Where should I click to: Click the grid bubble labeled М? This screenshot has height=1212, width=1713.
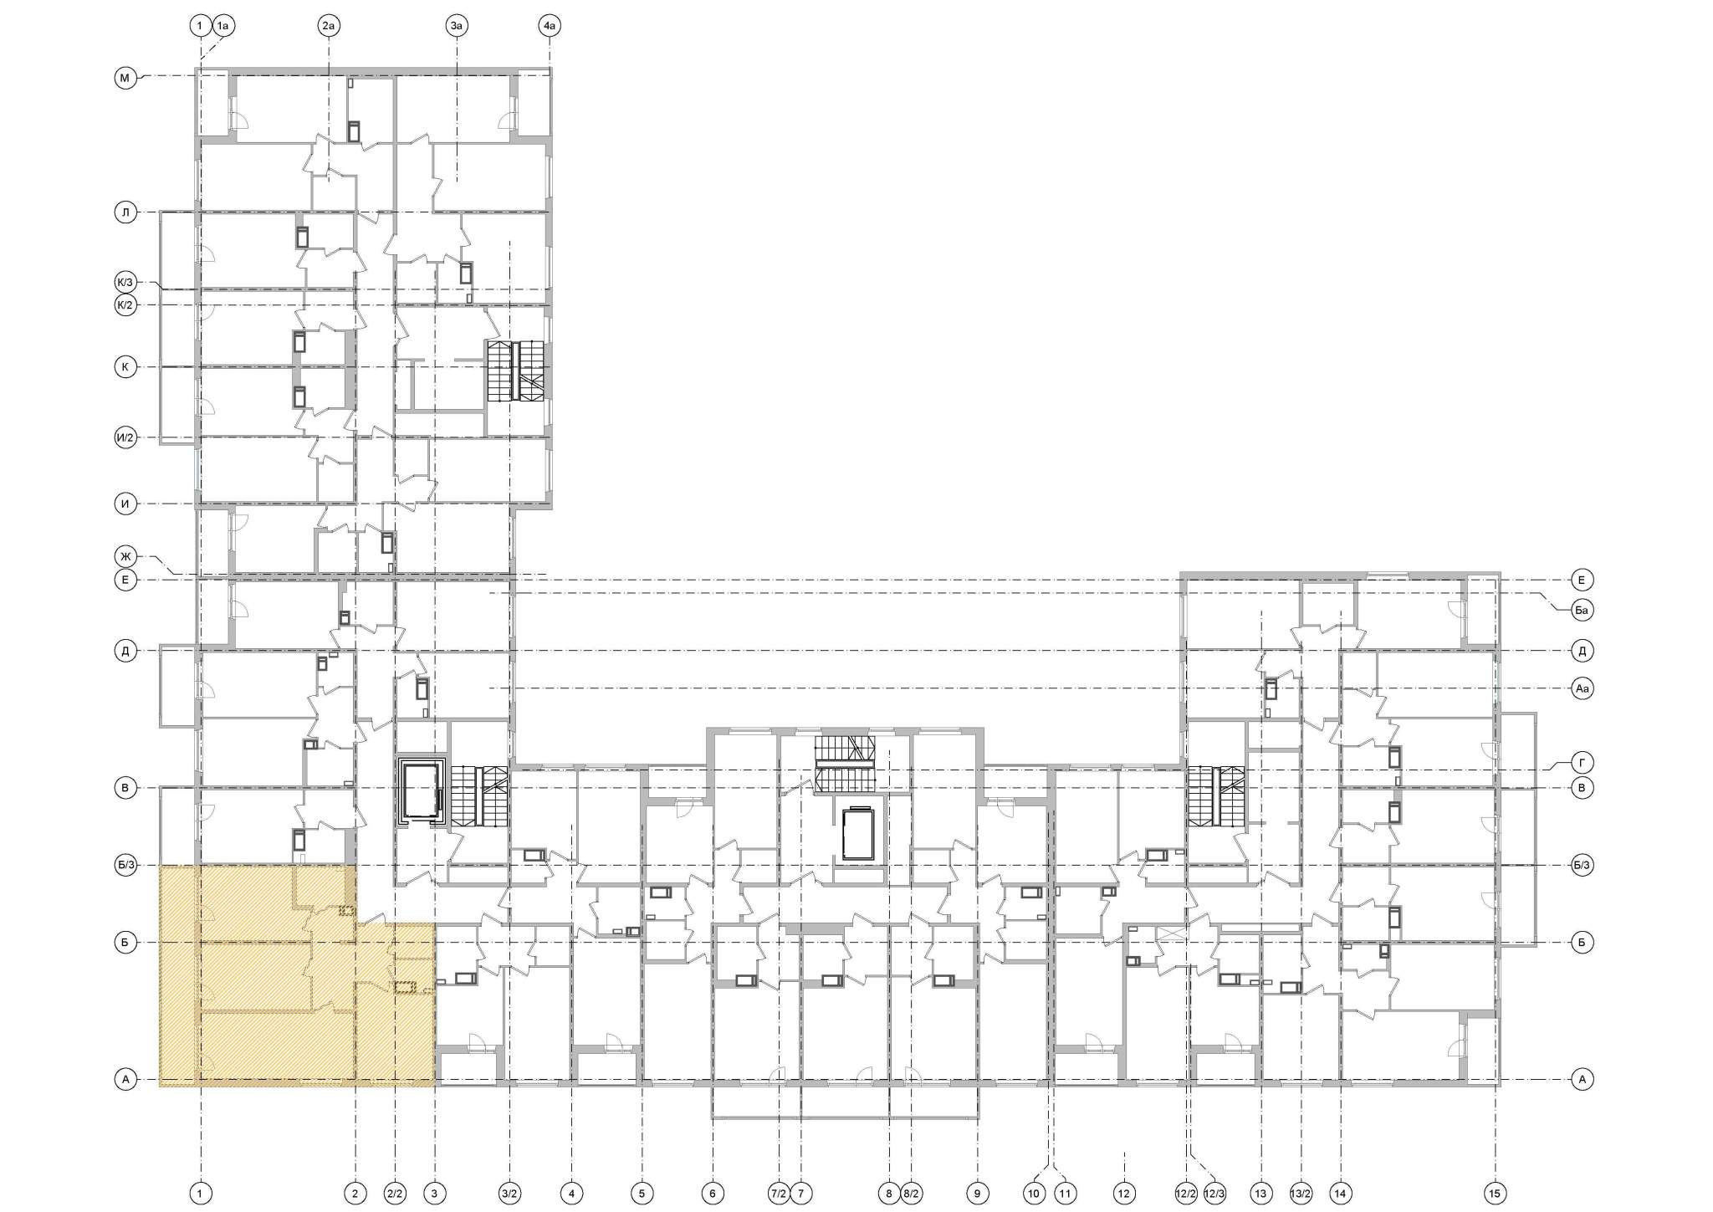tap(125, 79)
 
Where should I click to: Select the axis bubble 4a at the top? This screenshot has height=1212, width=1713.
tap(549, 27)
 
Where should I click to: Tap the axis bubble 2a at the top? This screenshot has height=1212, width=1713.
tap(329, 27)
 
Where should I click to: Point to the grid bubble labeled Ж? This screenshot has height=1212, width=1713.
tap(125, 555)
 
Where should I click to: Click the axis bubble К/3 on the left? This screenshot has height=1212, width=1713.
tap(125, 282)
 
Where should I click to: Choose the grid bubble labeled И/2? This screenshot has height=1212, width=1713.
tap(125, 437)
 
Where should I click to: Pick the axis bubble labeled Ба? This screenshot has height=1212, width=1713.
tap(1582, 611)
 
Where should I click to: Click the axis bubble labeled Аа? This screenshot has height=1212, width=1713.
tap(1582, 689)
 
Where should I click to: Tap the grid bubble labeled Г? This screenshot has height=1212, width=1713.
tap(1582, 763)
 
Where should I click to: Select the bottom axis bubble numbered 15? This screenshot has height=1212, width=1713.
tap(1495, 1194)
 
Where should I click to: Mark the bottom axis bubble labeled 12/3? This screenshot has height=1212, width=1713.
tap(1214, 1194)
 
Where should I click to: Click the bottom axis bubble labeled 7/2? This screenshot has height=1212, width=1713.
tap(778, 1194)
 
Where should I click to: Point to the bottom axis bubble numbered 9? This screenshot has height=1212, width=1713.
tap(976, 1194)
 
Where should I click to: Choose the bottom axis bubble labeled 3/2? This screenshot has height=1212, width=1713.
tap(509, 1194)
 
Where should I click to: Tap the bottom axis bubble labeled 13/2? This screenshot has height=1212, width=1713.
tap(1301, 1194)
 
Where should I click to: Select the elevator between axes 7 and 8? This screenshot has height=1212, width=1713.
tap(857, 833)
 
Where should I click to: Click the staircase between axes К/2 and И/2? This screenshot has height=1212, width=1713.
tap(515, 371)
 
